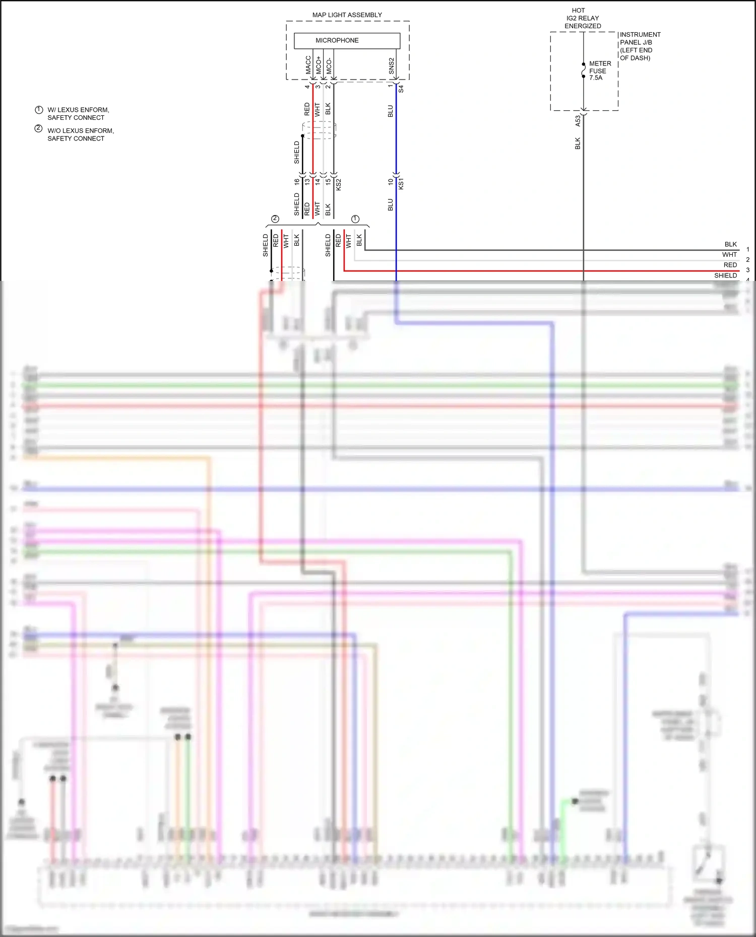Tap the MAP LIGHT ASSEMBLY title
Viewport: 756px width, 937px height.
click(x=347, y=15)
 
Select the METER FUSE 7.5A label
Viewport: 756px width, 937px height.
click(x=600, y=70)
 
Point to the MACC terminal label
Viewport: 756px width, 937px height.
click(x=308, y=65)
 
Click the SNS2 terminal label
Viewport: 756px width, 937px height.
click(x=392, y=66)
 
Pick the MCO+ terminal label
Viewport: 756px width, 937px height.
click(x=319, y=65)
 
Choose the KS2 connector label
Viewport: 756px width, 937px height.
click(x=339, y=184)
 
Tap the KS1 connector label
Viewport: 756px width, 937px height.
click(x=401, y=184)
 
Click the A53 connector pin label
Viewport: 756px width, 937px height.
click(x=578, y=121)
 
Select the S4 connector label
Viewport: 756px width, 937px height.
click(x=401, y=89)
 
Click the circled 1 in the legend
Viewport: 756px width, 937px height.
click(x=39, y=110)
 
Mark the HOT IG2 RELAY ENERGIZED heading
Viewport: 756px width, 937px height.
click(x=583, y=18)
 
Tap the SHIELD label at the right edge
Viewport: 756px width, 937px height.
click(x=725, y=275)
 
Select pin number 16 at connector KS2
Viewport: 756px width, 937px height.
click(x=297, y=182)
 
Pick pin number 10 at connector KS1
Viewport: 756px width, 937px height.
click(x=391, y=182)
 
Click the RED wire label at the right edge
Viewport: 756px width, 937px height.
click(x=730, y=265)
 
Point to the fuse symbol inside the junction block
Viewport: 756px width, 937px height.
click(x=584, y=70)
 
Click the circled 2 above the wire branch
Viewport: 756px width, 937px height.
click(x=275, y=219)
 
